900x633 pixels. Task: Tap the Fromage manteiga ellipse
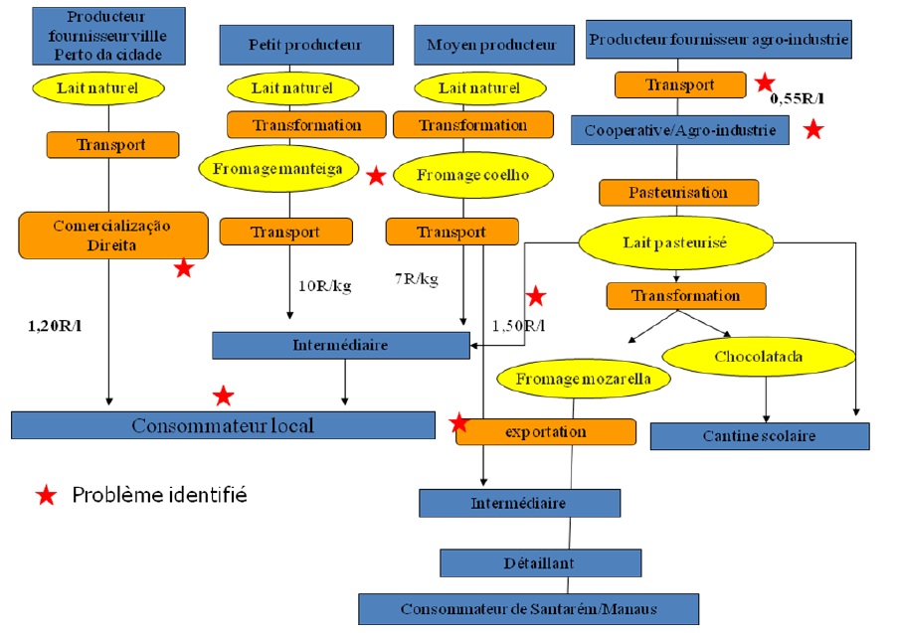click(x=277, y=169)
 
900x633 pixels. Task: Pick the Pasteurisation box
click(x=678, y=192)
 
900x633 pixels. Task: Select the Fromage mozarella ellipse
click(x=581, y=378)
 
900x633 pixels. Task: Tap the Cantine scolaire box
click(x=759, y=436)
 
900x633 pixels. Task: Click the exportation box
click(x=545, y=431)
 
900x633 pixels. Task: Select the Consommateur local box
click(x=223, y=425)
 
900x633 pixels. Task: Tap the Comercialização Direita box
click(x=112, y=235)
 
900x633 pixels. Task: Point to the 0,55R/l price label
click(x=798, y=99)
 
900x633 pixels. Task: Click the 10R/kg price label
click(x=324, y=286)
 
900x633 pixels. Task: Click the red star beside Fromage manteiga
click(x=376, y=176)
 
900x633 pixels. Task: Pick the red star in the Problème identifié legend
click(x=45, y=496)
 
